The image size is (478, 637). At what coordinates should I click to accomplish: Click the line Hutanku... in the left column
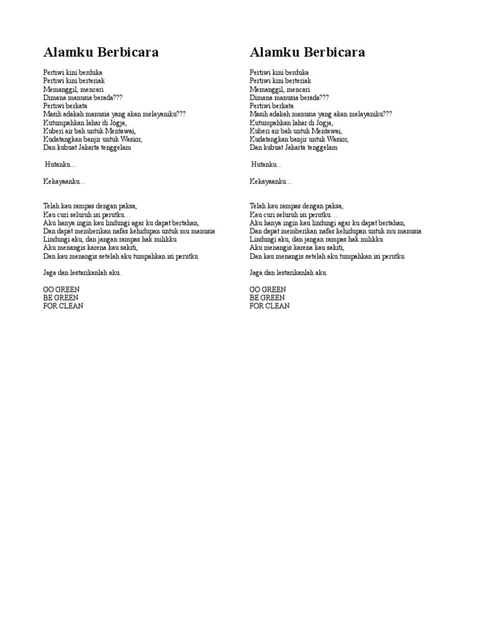coord(60,165)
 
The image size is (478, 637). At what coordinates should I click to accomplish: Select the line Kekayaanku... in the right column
coord(270,182)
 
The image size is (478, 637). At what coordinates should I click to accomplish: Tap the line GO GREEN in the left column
coord(62,290)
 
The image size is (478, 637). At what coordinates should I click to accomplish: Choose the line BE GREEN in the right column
coord(268,298)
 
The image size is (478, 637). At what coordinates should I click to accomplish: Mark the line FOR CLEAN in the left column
coord(63,306)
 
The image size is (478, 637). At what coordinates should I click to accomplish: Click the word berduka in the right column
coord(296,73)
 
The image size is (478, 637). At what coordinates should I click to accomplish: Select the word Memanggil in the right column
coord(266,90)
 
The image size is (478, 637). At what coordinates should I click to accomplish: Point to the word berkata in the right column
coord(284,106)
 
